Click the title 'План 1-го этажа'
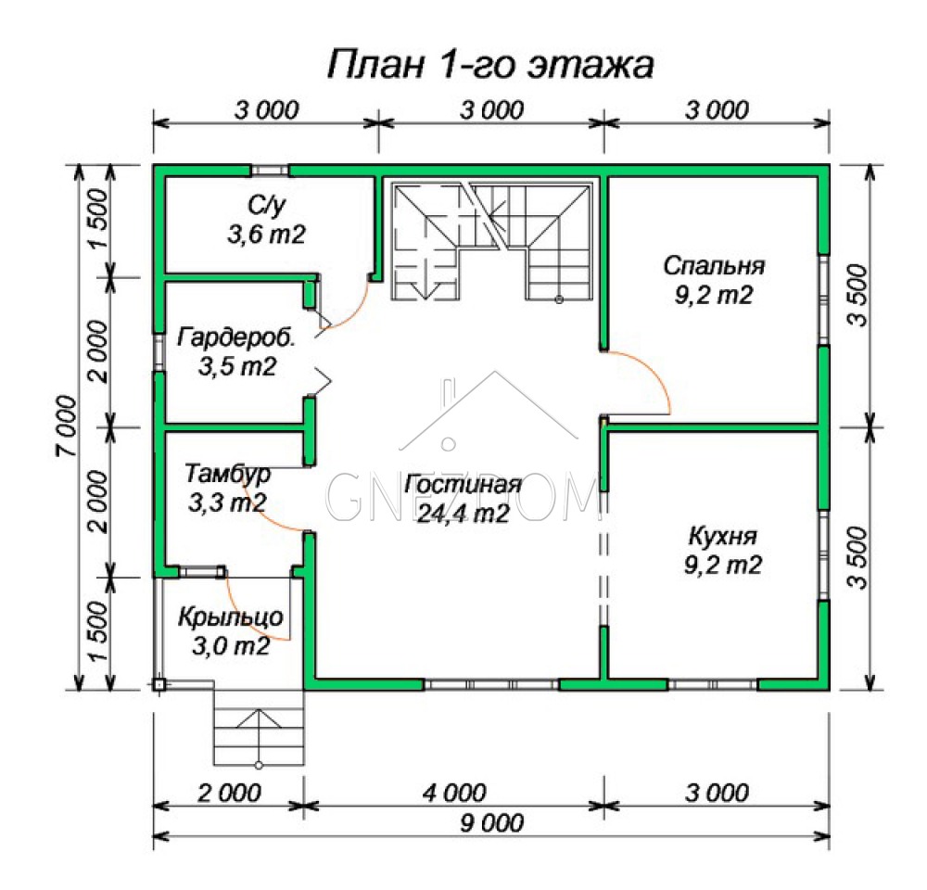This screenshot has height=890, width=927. pos(490,65)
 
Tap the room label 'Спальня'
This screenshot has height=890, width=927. pos(714,266)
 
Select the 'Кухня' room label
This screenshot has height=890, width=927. pos(722,537)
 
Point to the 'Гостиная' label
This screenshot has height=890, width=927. pos(463,484)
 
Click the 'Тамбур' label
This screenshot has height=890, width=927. pos(228,475)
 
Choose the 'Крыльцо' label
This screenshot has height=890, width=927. pos(231,617)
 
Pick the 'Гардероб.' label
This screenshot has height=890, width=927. pos(236,338)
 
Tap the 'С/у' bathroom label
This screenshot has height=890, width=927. pos(267,206)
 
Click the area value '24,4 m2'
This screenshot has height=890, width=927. pos(463,514)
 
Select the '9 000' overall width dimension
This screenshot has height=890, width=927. pos(492,823)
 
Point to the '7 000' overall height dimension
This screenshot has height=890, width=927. pos(66,426)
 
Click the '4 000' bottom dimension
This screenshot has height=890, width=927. pos(454,793)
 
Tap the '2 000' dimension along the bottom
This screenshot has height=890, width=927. pos(229,793)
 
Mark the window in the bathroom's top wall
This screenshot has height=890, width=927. pos(270,171)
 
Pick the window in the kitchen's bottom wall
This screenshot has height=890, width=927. pos(713,685)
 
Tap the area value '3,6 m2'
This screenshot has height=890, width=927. pos(267,235)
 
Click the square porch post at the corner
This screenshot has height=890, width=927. pos(159,684)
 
